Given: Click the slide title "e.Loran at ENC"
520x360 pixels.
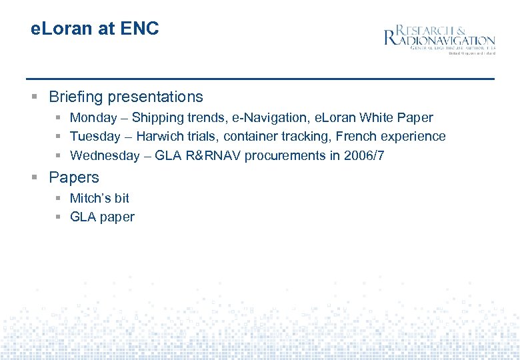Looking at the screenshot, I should point(95,29).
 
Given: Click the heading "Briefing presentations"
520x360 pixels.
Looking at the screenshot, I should point(126,97).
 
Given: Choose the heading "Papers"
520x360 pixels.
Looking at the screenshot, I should point(74,177).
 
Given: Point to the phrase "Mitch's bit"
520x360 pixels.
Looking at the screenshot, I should point(99,198).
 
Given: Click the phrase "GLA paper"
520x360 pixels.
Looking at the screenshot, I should point(102,217).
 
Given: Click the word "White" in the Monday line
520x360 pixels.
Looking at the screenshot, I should point(377,118).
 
